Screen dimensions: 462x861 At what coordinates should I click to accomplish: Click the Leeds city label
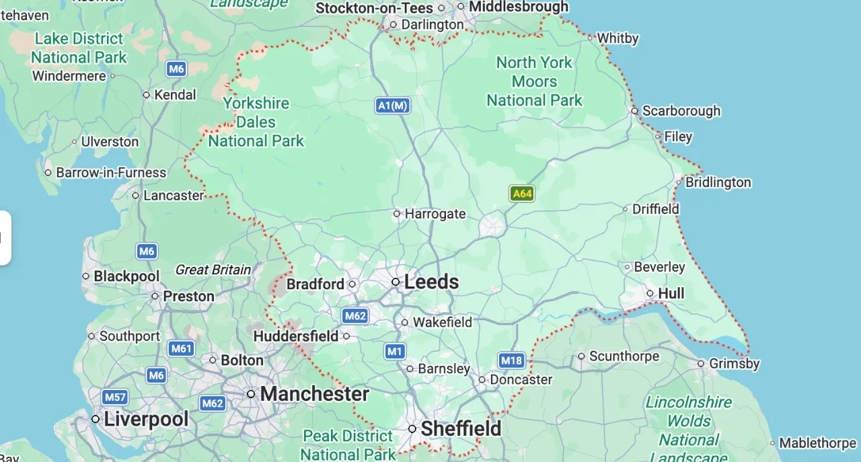point(431,282)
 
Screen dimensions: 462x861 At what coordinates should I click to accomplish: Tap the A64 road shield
point(522,194)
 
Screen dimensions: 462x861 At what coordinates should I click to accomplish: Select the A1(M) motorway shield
point(393,105)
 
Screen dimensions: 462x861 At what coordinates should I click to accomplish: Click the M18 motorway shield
point(511,360)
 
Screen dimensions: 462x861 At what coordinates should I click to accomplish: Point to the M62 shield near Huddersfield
point(354,315)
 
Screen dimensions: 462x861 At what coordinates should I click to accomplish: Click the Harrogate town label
point(435,214)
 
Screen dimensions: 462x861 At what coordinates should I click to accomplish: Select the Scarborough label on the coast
point(681,110)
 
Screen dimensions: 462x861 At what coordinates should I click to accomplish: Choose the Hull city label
point(671,293)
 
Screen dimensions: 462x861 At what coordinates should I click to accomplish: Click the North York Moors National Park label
point(534,81)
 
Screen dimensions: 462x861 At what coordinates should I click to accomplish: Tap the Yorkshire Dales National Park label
point(256,122)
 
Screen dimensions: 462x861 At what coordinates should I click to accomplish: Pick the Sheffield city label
point(461,428)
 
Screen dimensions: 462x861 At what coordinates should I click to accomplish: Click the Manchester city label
point(315,393)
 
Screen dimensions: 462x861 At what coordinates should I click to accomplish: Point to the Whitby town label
point(617,38)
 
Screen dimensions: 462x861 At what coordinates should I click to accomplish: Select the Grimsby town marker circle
point(702,364)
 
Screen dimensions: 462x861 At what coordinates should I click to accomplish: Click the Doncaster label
point(521,379)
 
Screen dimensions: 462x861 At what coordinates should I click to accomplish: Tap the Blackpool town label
point(126,276)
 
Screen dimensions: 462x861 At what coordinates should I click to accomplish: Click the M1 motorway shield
point(395,350)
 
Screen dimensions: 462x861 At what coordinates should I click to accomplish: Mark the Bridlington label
point(718,182)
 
